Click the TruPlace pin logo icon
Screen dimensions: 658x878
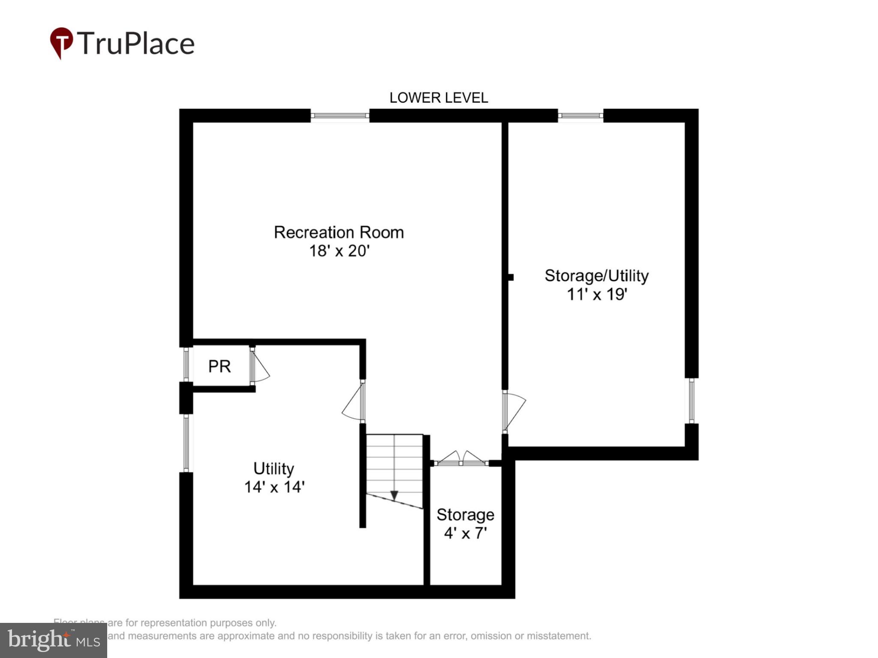61,43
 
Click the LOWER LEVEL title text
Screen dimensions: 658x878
438,98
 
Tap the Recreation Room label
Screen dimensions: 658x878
339,233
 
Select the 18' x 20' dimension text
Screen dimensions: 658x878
339,251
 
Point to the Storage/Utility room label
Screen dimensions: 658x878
596,276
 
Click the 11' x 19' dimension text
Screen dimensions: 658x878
597,295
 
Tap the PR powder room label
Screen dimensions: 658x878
219,367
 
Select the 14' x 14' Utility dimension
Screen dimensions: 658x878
274,487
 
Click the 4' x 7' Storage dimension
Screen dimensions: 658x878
465,533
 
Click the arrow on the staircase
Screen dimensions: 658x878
394,495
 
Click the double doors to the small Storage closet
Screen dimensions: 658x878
461,460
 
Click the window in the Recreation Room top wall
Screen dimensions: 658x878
340,116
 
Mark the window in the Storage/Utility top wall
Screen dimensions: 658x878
580,116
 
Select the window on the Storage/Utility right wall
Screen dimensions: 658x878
691,401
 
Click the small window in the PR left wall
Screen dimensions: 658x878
186,364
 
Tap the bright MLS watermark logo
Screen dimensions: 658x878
54,640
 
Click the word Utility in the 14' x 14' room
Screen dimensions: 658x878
274,469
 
